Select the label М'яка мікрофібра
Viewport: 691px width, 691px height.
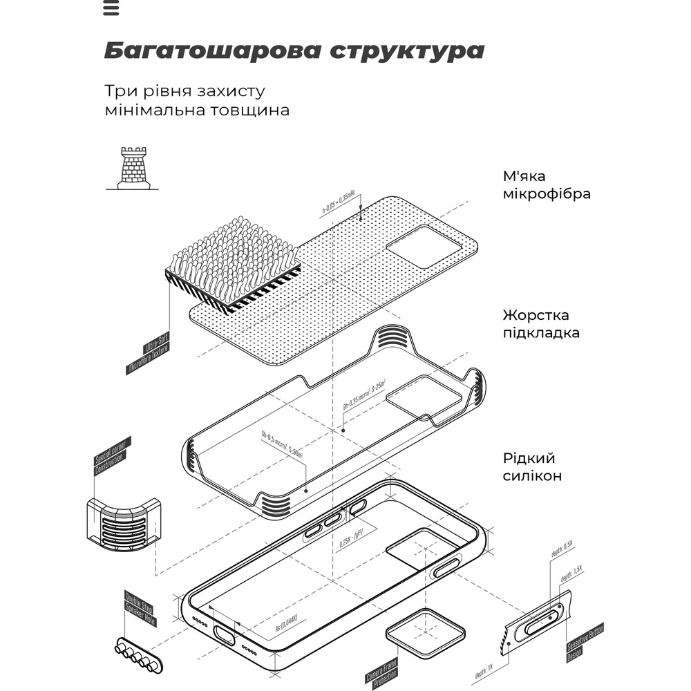(x=547, y=184)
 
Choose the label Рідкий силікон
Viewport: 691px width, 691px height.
(x=531, y=467)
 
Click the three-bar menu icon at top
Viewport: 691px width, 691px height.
(x=111, y=8)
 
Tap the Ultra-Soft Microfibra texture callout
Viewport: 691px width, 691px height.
(x=148, y=353)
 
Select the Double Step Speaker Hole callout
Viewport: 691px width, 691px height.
(x=140, y=609)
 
